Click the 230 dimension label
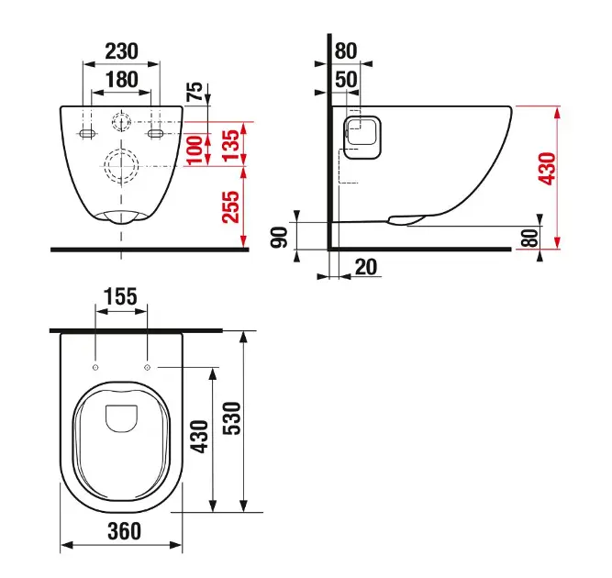pyautogui.click(x=122, y=51)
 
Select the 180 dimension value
pyautogui.click(x=122, y=80)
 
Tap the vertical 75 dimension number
pyautogui.click(x=195, y=92)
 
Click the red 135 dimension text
pyautogui.click(x=230, y=145)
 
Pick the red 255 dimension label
pyautogui.click(x=230, y=206)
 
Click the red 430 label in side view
pyautogui.click(x=547, y=169)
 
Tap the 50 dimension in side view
pyautogui.click(x=346, y=80)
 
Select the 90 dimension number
pyautogui.click(x=279, y=237)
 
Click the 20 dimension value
pyautogui.click(x=366, y=267)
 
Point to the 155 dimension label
pyautogui.click(x=120, y=297)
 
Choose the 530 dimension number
pyautogui.click(x=232, y=418)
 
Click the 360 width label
pyautogui.click(x=124, y=531)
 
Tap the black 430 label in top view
pyautogui.click(x=199, y=437)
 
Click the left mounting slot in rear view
pyautogui.click(x=86, y=134)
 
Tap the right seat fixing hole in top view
pyautogui.click(x=147, y=367)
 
